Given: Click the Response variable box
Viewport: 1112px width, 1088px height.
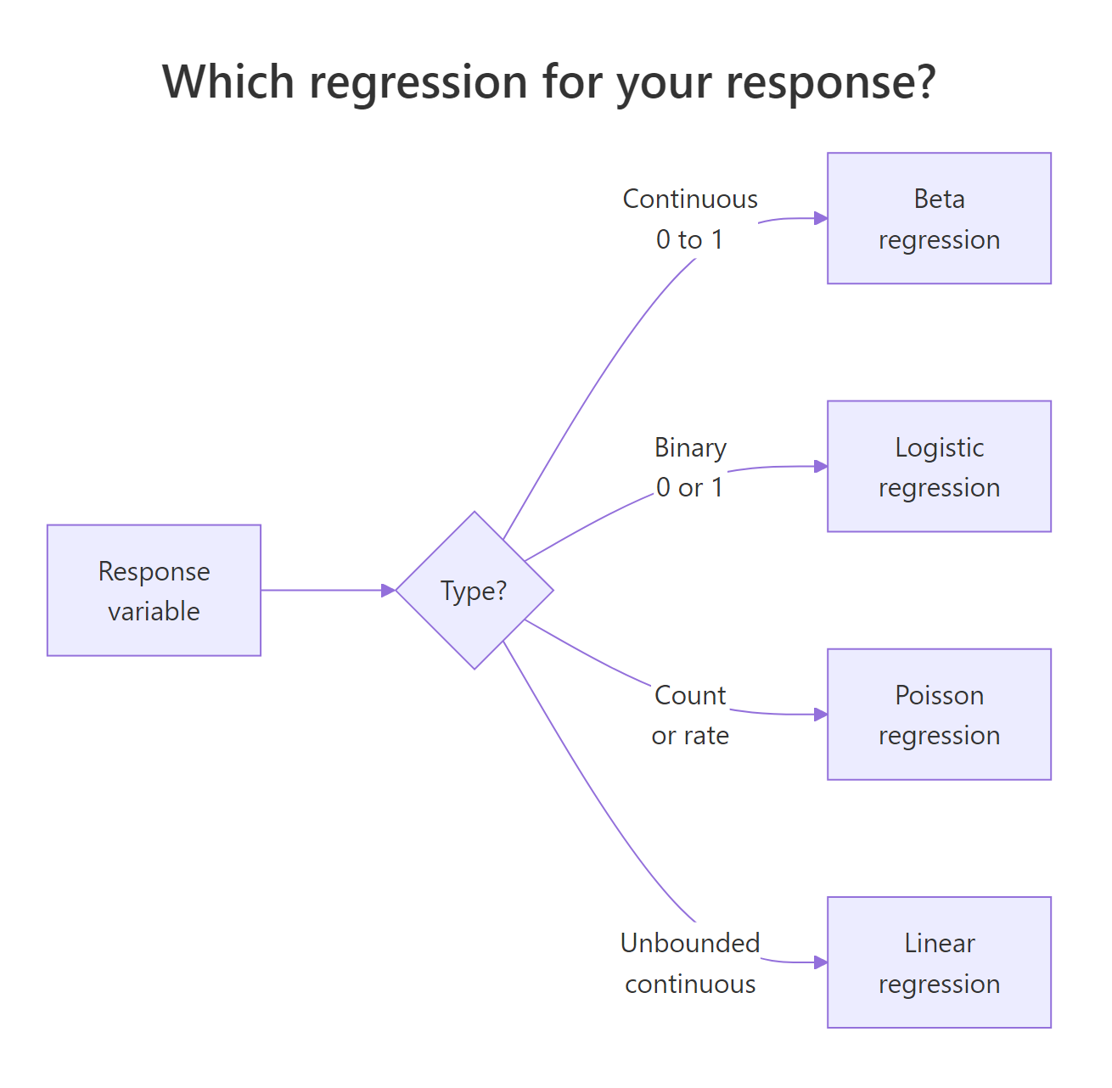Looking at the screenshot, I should [154, 590].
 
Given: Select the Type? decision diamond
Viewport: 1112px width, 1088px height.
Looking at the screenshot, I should [475, 590].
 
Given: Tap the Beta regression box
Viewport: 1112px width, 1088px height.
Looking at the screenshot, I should [939, 218].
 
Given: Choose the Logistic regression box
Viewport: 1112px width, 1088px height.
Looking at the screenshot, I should [939, 466].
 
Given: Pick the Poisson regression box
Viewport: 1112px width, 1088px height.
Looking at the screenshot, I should [939, 714].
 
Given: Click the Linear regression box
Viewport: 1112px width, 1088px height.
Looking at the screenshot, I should [939, 962].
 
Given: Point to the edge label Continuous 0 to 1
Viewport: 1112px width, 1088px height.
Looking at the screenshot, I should [690, 219].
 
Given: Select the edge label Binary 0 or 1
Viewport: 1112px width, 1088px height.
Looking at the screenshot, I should [690, 467].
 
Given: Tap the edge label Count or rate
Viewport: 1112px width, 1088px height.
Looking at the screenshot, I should [690, 715].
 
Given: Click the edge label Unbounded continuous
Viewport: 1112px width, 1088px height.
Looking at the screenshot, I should [690, 962].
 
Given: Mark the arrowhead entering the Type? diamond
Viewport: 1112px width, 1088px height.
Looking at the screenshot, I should [389, 590].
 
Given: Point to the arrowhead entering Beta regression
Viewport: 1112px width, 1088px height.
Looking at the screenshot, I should [821, 218].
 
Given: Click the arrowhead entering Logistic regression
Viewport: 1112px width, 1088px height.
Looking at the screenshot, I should [821, 466].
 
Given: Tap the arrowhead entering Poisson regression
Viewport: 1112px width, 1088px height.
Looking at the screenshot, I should [821, 714].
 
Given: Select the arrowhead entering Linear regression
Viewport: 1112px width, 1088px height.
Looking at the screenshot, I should [821, 962].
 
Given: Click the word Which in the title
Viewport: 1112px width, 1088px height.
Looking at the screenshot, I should [228, 82].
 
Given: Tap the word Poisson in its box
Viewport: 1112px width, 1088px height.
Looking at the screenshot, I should [939, 695].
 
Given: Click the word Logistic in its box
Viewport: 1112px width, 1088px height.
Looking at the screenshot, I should [939, 447].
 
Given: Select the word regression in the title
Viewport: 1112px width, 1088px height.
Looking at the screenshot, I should [418, 82].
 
